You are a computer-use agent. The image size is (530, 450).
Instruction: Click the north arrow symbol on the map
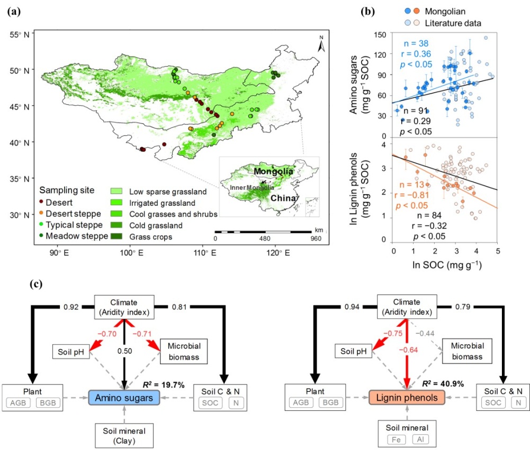click(321, 44)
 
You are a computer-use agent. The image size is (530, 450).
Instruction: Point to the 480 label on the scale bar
click(265, 238)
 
